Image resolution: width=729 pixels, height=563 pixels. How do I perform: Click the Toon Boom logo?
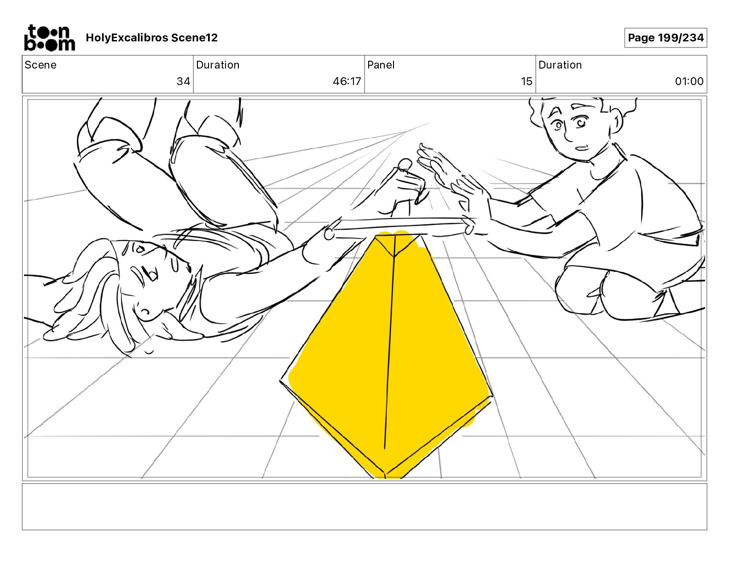[50, 38]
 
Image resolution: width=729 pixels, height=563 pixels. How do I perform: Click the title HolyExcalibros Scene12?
[151, 38]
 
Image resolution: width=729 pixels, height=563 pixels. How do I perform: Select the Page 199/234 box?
[665, 38]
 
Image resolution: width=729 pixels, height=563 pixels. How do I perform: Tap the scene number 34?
[183, 81]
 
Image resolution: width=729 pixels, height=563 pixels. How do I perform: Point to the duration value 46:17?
[347, 81]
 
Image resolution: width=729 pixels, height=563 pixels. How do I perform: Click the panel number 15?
[526, 81]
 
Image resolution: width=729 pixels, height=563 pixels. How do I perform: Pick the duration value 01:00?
[689, 81]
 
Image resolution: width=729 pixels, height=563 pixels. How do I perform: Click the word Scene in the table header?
[40, 65]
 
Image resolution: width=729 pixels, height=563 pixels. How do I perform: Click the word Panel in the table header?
[381, 65]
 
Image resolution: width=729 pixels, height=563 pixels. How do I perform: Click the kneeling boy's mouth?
[582, 148]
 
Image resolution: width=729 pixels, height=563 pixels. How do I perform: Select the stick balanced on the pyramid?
[399, 227]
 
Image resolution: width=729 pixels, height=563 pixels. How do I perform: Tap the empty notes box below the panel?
[364, 507]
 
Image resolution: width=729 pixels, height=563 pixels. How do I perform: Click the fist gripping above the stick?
[406, 188]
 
